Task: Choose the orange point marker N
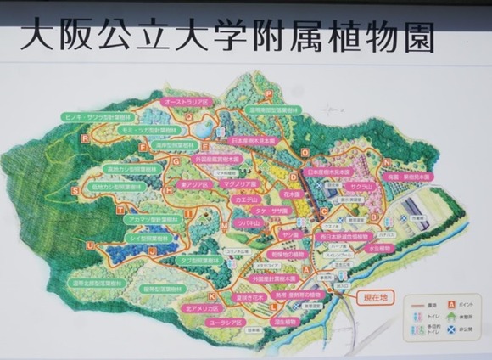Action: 387,162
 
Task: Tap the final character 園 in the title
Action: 413,37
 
